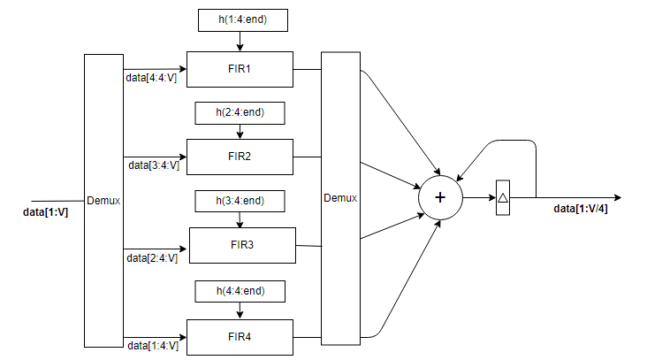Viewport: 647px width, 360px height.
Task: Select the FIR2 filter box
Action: coord(240,157)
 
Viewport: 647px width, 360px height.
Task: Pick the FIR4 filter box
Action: coord(240,336)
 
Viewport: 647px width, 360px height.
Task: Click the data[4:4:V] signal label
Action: coord(151,78)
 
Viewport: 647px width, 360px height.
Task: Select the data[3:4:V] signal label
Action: coord(154,165)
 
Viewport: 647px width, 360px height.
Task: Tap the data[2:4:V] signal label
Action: coord(152,257)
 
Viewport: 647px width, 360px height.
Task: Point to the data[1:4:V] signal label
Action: coord(152,345)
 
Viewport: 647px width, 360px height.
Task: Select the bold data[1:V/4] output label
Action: coord(586,209)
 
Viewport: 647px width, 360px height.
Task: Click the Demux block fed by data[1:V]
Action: coord(103,201)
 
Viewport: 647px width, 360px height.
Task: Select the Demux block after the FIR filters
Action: coord(340,198)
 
